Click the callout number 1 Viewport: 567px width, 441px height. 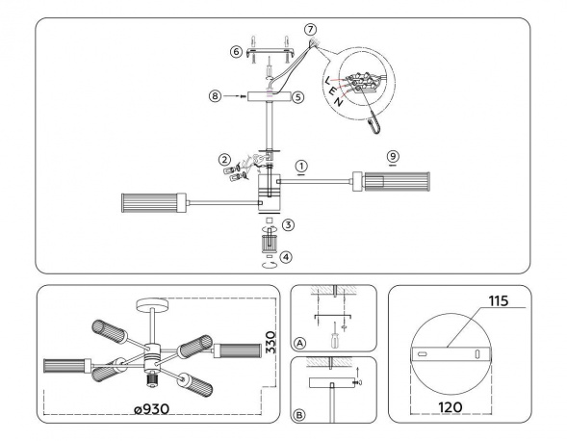(301, 167)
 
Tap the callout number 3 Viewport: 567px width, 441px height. (289, 223)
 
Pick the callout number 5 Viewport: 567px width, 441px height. (299, 96)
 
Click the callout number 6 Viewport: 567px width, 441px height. (236, 52)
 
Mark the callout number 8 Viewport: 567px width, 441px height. (216, 96)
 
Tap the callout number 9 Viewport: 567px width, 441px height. (392, 156)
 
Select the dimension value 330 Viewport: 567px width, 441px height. (271, 338)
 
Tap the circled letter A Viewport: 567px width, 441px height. (301, 342)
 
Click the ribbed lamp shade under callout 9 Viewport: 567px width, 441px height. (385, 180)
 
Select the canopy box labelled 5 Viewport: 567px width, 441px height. (271, 96)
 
